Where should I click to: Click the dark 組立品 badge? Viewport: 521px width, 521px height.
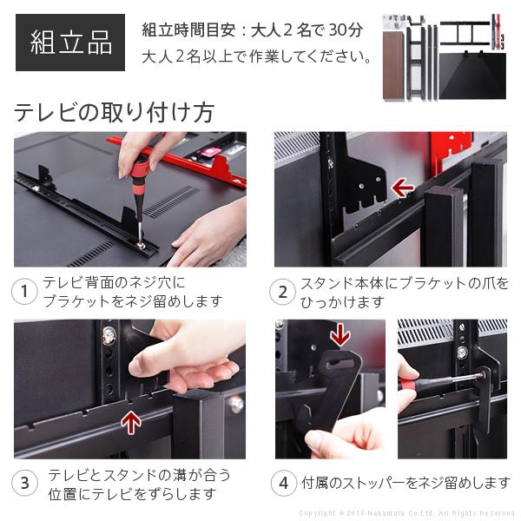[x=70, y=43]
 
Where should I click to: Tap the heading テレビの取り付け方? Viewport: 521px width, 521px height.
[x=114, y=113]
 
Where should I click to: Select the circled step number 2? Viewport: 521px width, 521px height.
[x=282, y=293]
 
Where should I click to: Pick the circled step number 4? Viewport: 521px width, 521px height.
[x=282, y=484]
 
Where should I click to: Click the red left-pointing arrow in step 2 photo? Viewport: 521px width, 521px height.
[x=402, y=188]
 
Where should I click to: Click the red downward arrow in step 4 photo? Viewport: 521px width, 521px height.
[x=340, y=335]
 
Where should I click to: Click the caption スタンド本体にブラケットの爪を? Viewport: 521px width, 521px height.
[x=405, y=284]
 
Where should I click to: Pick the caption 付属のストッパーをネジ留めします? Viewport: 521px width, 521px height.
[x=405, y=484]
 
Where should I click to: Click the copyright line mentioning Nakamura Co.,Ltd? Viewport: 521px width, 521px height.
[x=407, y=513]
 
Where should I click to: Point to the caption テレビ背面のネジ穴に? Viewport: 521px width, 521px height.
[x=114, y=284]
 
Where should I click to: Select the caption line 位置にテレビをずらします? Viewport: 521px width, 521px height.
[x=131, y=493]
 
